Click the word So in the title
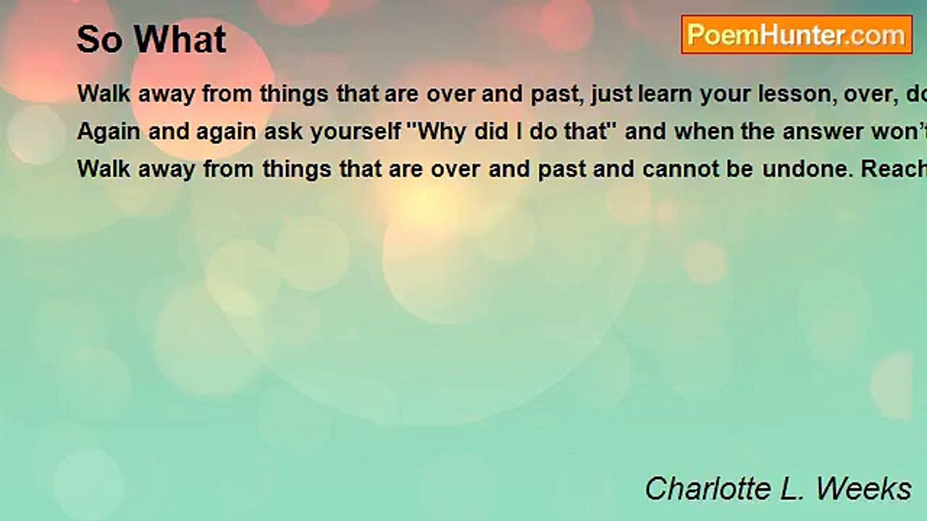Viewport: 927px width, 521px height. (100, 40)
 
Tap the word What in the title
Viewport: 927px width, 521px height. (180, 39)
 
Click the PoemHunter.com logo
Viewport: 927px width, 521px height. (797, 35)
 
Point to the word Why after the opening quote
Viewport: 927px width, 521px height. (442, 132)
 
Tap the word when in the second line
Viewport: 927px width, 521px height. (703, 132)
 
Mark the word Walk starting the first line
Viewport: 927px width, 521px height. (104, 94)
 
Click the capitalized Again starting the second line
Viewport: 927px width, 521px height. (109, 132)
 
